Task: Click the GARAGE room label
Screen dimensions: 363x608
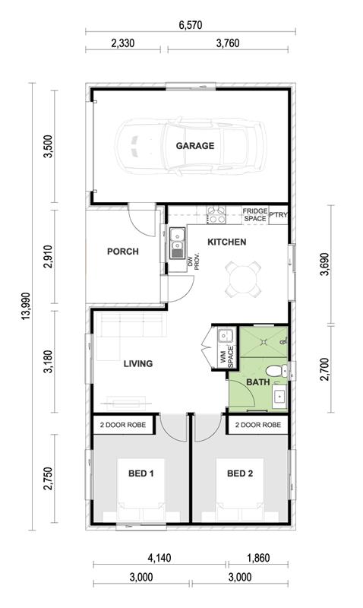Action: [x=195, y=146]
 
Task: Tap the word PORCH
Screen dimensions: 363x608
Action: [x=123, y=252]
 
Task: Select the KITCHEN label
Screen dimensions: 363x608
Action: [x=226, y=242]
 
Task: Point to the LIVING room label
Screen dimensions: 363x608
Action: [x=138, y=364]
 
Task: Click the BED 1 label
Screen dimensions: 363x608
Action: [x=141, y=473]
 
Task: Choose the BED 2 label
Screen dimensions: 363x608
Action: [x=240, y=473]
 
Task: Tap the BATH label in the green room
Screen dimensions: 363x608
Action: [x=258, y=382]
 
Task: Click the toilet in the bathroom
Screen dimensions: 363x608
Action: [x=276, y=371]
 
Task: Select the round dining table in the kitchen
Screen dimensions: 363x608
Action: [x=243, y=279]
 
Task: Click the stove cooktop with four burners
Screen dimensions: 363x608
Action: [x=216, y=215]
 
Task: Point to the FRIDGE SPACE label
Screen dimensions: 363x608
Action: [x=255, y=215]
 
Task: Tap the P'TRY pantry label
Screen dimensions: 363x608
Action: [x=278, y=215]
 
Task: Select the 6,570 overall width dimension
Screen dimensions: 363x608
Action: [x=191, y=25]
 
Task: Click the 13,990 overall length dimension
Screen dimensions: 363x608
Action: [x=26, y=306]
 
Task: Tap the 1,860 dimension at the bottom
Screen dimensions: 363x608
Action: [x=257, y=558]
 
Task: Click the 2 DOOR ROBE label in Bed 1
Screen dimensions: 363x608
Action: [x=123, y=425]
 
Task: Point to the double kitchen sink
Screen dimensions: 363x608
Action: [x=178, y=242]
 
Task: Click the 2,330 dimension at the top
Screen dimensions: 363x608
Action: [x=123, y=43]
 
